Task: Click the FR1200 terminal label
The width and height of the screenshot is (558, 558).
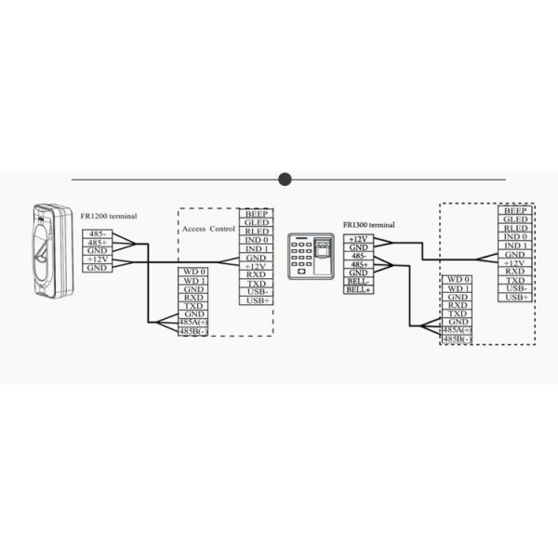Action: point(109,216)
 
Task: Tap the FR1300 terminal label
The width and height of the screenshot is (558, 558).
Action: point(368,225)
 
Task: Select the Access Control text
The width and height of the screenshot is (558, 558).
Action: point(208,229)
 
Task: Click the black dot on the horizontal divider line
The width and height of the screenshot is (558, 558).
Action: point(285,179)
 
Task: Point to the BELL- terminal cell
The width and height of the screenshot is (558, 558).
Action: point(358,282)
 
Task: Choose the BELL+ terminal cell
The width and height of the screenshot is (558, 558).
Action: point(358,290)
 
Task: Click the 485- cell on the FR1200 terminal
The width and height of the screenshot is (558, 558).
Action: point(97,233)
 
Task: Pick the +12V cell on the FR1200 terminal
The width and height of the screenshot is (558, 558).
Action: point(97,259)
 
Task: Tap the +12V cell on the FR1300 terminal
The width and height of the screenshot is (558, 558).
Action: point(358,239)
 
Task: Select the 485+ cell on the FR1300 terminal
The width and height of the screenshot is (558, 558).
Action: point(358,264)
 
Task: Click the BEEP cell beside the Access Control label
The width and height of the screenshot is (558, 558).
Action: point(257,214)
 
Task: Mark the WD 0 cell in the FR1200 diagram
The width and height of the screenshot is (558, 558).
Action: point(193,272)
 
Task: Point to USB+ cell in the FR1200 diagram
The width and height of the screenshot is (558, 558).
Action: point(257,300)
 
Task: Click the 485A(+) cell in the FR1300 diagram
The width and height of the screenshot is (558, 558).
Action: point(457,330)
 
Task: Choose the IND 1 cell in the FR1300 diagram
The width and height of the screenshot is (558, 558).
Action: point(515,246)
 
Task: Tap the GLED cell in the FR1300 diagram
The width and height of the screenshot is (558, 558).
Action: point(515,219)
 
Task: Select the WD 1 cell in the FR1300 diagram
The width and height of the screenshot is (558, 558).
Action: point(457,288)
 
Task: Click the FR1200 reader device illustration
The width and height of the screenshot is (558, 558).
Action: point(53,250)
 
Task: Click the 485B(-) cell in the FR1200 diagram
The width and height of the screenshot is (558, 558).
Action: point(193,332)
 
